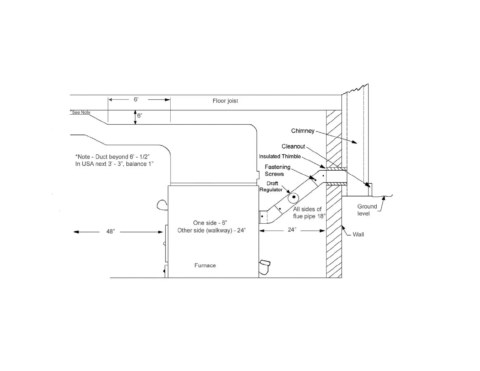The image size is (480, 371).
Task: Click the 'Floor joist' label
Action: [x=225, y=101]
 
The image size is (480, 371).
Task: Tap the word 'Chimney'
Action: [x=302, y=131]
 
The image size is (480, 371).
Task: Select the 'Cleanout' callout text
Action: [x=293, y=146]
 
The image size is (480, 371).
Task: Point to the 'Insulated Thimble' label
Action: [x=280, y=156]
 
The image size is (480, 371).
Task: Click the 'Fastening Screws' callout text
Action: [x=277, y=170]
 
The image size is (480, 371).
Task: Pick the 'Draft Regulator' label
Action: [x=271, y=186]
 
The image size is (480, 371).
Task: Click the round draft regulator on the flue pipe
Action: [x=293, y=198]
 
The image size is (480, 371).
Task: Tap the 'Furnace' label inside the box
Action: [x=205, y=266]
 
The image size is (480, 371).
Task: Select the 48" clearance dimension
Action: [x=110, y=232]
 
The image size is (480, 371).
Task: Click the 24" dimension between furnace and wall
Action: [x=292, y=230]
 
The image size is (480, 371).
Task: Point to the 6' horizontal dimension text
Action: [x=136, y=99]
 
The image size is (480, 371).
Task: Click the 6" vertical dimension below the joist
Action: [x=139, y=116]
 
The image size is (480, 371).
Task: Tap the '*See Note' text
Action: [x=81, y=112]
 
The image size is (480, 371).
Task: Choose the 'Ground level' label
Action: [x=367, y=210]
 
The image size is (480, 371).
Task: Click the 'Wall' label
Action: [x=358, y=235]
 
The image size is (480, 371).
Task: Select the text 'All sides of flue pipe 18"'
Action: [x=308, y=212]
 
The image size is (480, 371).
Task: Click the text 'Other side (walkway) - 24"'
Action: [x=211, y=230]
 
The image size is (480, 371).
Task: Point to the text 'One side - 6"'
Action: [x=210, y=223]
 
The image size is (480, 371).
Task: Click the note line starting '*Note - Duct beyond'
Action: [x=112, y=157]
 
